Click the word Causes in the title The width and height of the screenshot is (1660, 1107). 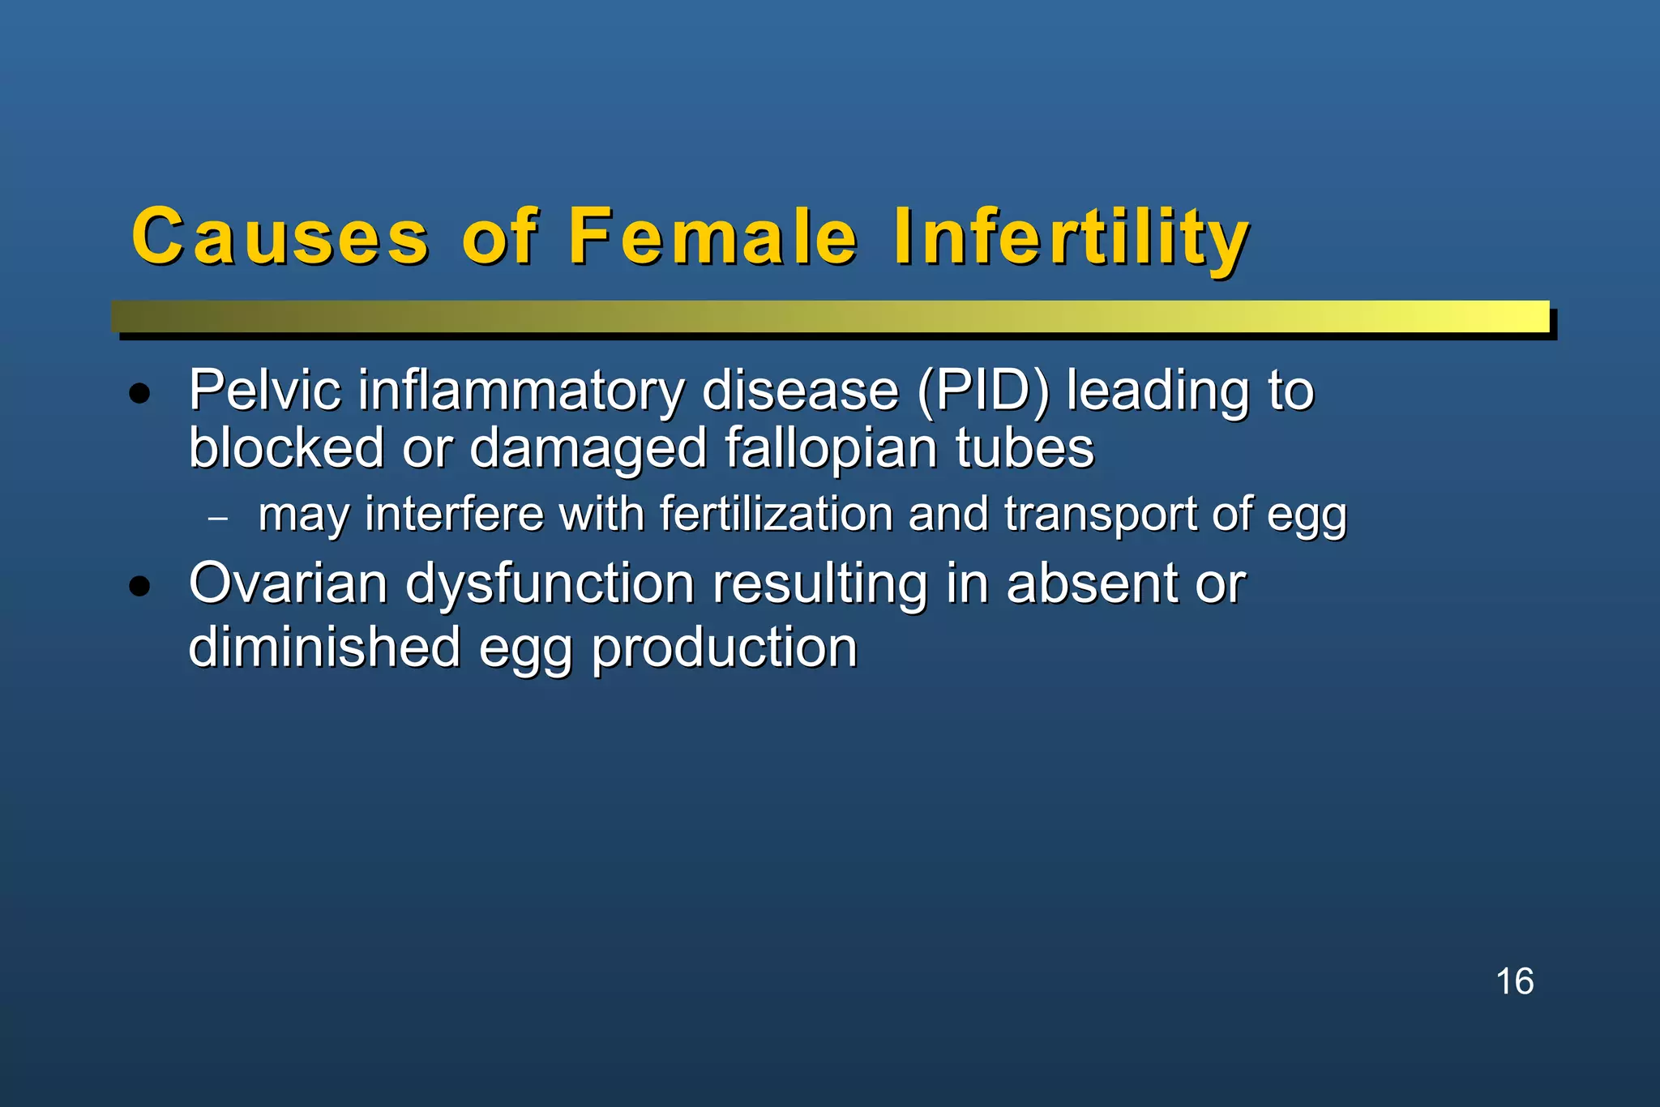(x=280, y=237)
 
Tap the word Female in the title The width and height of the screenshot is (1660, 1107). (x=712, y=237)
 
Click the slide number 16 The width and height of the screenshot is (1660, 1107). (x=1514, y=981)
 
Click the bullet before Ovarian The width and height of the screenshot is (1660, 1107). (x=140, y=586)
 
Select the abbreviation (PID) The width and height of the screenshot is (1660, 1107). (x=983, y=391)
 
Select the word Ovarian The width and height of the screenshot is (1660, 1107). (x=288, y=583)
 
